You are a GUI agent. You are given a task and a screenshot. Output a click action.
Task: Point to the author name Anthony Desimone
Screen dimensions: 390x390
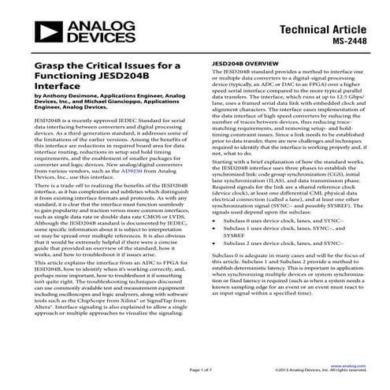click(57, 95)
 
